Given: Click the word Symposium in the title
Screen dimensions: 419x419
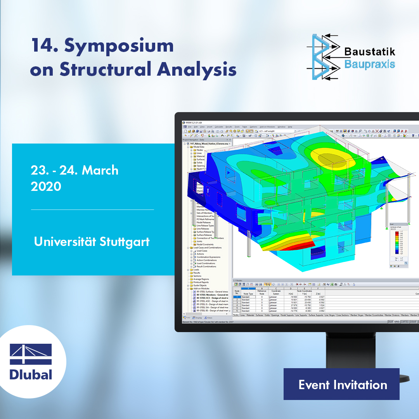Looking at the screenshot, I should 119,46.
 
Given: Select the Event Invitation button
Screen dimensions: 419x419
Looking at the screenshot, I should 341,384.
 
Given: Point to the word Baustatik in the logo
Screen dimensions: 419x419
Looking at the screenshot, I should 369,52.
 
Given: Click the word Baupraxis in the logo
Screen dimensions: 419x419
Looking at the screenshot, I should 369,64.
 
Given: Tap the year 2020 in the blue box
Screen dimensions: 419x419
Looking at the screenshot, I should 46,187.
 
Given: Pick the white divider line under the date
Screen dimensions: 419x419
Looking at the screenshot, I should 92,209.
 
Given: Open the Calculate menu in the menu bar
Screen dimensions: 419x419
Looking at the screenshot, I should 219,127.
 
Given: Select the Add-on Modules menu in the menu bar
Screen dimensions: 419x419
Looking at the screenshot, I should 267,127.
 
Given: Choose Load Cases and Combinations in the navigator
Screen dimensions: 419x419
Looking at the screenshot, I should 210,248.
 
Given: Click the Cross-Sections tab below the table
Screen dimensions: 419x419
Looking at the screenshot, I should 343,315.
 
